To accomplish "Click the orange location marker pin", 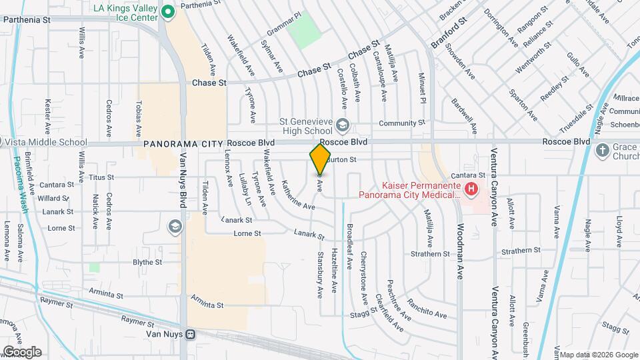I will coord(320,160).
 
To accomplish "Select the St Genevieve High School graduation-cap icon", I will coord(342,125).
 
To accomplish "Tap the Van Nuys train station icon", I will coord(191,333).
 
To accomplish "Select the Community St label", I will coord(401,123).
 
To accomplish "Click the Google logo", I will coord(21,351).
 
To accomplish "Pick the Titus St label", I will coord(102,178).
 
